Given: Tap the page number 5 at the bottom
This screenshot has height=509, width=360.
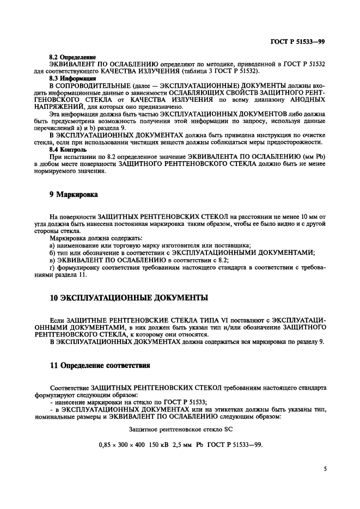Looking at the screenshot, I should tap(324, 467).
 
